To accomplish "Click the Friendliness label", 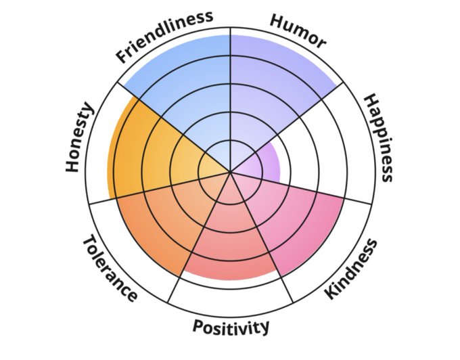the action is coord(164,36).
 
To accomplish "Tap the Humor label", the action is coord(298,31).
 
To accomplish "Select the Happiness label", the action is coord(378,138).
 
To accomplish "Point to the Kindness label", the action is coord(350,269).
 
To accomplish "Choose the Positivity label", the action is coord(231,328).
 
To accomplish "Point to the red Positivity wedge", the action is coord(231,244).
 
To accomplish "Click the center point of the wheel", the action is coord(231,172).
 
